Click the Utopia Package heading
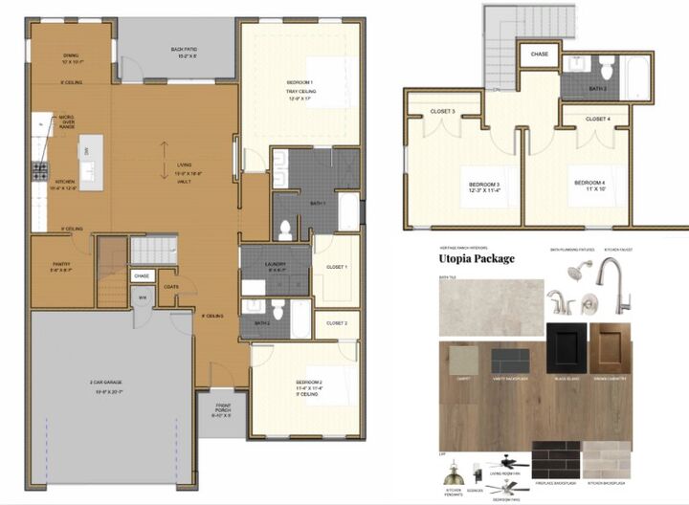click(476, 258)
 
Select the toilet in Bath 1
click(284, 229)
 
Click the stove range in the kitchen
click(41, 172)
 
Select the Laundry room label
click(275, 266)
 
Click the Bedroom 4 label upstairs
click(590, 184)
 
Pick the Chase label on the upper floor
click(540, 55)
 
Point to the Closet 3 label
click(443, 112)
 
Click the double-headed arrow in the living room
click(164, 153)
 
